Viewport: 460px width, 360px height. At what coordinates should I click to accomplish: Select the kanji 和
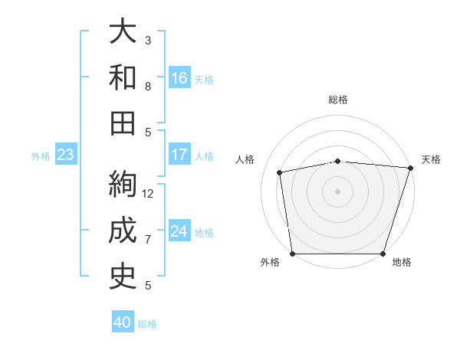pos(123,77)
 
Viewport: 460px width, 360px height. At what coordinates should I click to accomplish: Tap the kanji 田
pos(123,123)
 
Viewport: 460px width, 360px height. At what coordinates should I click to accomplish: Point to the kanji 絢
pos(123,185)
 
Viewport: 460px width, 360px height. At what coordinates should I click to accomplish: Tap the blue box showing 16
pos(179,78)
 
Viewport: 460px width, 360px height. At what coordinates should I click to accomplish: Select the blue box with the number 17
pos(179,155)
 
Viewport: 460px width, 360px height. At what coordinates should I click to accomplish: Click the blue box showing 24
pos(179,232)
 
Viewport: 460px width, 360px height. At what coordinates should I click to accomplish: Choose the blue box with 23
pos(66,155)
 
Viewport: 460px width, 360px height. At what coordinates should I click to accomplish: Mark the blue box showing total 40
pos(123,322)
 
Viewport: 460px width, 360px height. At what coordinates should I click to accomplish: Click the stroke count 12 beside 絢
pos(148,193)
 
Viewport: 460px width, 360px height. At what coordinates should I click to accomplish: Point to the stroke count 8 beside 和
pos(148,86)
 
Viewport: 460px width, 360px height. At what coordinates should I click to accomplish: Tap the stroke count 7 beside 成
pos(148,239)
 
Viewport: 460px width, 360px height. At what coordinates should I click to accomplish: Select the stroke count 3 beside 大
pos(148,40)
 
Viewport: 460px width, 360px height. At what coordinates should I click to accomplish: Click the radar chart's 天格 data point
pos(410,168)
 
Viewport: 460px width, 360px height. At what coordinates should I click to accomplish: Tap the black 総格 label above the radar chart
pos(337,100)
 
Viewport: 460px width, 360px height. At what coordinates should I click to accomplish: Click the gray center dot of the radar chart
pos(337,191)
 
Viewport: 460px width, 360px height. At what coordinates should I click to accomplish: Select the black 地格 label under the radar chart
pos(402,263)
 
